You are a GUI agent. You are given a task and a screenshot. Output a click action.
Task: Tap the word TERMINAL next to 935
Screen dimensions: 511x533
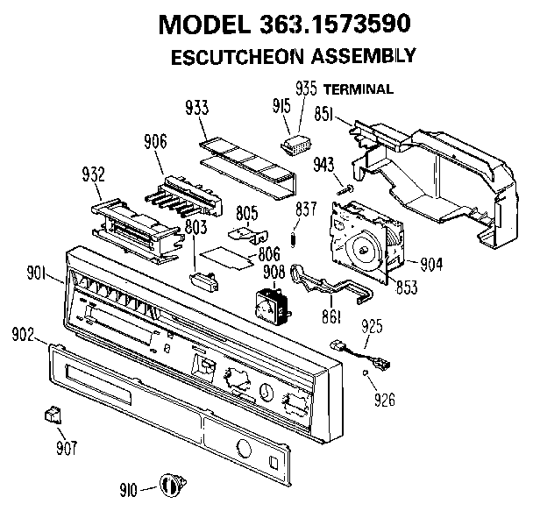358,89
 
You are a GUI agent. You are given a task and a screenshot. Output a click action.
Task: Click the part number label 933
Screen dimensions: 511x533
197,109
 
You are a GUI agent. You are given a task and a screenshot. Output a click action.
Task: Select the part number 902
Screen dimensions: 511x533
23,335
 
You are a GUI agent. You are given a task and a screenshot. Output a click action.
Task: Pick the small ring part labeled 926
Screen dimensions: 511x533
365,373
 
